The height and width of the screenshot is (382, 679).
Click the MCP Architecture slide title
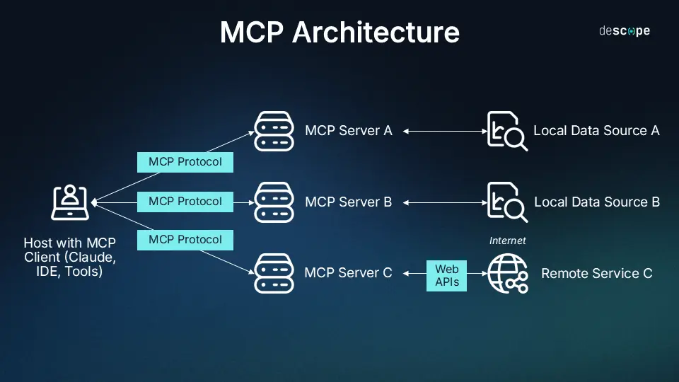click(339, 33)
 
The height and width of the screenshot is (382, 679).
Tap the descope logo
click(624, 31)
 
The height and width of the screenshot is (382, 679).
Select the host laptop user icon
click(70, 202)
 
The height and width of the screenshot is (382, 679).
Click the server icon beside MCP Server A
click(274, 131)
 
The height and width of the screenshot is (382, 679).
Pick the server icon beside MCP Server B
click(274, 202)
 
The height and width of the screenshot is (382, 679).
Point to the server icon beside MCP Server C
click(274, 273)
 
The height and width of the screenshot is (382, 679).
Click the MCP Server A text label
click(348, 131)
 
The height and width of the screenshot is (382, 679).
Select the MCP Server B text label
click(348, 202)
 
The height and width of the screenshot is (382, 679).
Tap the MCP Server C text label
click(348, 273)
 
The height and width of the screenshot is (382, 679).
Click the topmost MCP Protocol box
click(185, 162)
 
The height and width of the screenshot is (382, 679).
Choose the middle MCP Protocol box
click(185, 202)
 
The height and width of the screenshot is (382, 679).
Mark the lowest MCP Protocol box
click(185, 240)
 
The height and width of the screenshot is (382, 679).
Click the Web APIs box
click(446, 275)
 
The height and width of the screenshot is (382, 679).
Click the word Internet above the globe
click(507, 241)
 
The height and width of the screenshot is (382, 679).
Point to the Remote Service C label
click(596, 273)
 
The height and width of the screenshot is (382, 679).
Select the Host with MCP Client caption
click(70, 257)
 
